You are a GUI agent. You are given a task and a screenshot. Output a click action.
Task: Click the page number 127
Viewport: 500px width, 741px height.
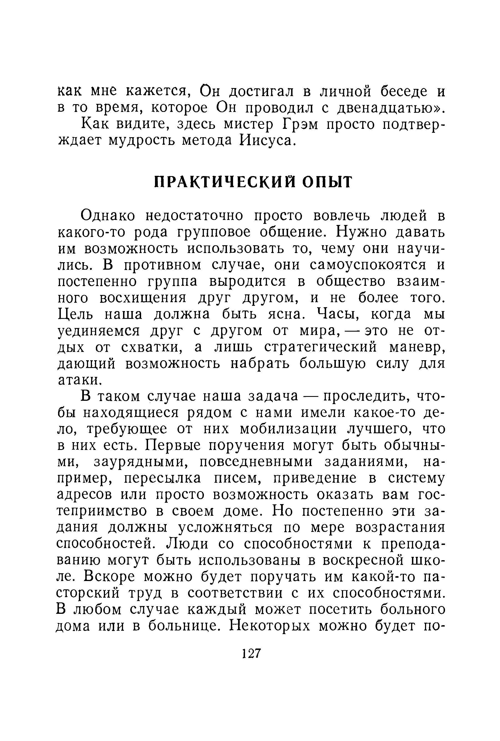(252, 654)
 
